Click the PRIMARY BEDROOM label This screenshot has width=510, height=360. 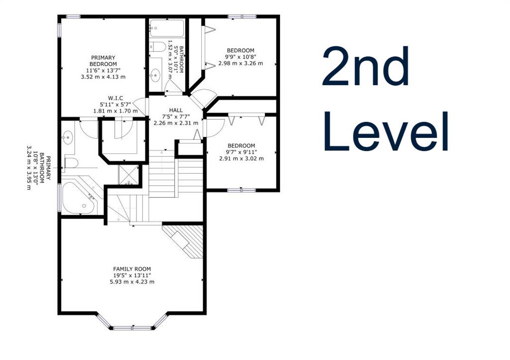click(x=103, y=61)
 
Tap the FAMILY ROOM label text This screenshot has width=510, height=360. click(x=132, y=269)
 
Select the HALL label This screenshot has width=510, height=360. click(x=176, y=110)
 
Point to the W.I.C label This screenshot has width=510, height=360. click(x=116, y=98)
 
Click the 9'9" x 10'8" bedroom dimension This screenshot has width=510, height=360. click(x=241, y=57)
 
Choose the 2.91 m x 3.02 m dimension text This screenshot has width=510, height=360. click(x=241, y=159)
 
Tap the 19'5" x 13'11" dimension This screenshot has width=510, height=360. click(x=132, y=275)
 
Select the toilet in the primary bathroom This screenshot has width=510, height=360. click(x=71, y=163)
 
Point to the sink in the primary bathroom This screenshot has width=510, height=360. click(x=68, y=137)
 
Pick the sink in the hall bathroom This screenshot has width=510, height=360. click(x=155, y=75)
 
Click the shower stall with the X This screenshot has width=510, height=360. click(x=128, y=175)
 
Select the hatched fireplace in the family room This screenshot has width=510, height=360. click(x=183, y=241)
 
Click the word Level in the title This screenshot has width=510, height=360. click(x=386, y=131)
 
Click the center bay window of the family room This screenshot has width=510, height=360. click(x=132, y=328)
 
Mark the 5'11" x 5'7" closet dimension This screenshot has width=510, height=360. click(x=116, y=105)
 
